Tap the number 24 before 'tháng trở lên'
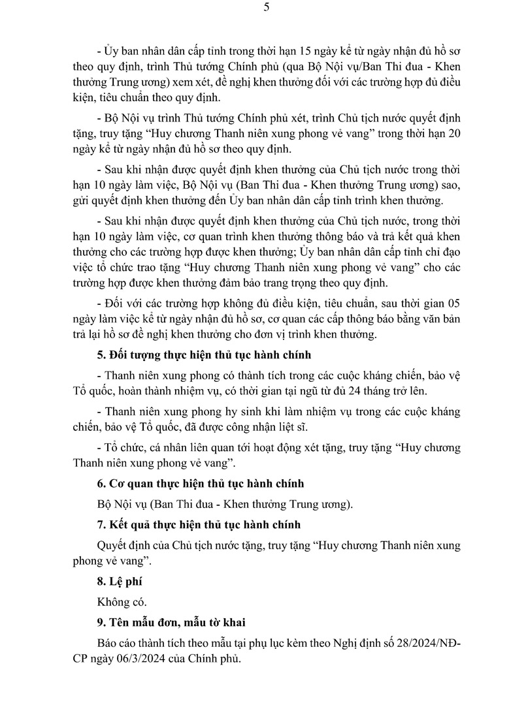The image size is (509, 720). point(353,391)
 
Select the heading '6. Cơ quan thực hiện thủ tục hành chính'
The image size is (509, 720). point(199,484)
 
